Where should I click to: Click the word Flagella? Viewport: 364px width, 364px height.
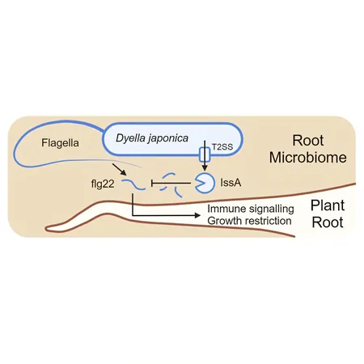60,142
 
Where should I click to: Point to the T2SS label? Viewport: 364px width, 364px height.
222,147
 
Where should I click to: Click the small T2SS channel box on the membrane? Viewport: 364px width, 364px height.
205,154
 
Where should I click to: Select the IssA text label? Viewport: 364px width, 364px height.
231,183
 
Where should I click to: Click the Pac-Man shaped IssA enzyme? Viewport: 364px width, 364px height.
205,183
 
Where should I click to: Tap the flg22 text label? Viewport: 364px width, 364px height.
103,184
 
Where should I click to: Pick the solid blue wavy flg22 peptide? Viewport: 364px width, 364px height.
133,184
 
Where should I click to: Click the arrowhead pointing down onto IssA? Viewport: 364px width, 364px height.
205,167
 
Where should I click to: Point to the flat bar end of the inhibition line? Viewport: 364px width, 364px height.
152,184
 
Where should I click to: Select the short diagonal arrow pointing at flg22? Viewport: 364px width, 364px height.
119,169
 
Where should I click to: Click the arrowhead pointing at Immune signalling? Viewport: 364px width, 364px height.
197,215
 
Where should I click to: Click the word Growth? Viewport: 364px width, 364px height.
224,221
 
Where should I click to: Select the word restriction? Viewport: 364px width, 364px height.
267,221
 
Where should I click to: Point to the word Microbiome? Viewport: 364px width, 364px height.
308,157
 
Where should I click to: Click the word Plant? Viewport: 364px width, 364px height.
328,205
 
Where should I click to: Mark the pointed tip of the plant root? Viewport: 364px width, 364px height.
46,229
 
